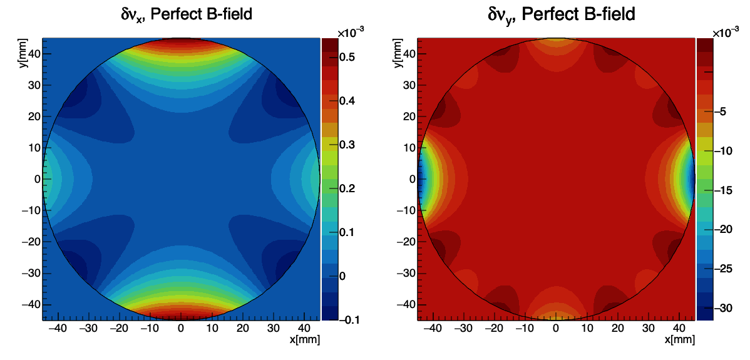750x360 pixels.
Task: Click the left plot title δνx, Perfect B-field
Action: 186,13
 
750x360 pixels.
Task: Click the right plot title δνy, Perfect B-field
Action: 561,13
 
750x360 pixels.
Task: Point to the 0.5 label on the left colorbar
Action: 347,57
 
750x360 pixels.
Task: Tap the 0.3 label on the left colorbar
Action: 347,145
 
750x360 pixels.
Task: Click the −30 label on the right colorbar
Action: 721,308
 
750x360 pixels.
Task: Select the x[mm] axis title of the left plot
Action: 305,339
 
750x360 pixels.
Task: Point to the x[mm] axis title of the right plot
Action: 679,339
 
